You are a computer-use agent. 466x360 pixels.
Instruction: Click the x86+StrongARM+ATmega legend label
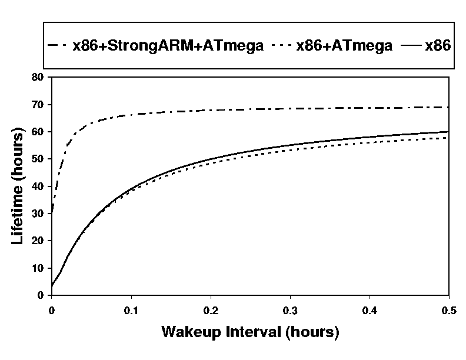coord(168,46)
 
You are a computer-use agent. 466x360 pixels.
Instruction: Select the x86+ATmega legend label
coord(344,46)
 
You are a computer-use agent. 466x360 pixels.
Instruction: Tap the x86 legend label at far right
coord(438,46)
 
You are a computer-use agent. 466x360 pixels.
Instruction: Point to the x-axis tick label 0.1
coord(131,309)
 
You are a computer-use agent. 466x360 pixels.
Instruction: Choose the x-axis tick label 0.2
coord(211,309)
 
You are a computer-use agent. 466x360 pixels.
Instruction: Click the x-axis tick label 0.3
coord(290,309)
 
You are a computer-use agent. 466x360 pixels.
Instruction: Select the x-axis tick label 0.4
coord(370,309)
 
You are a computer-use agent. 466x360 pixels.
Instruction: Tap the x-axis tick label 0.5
coord(448,309)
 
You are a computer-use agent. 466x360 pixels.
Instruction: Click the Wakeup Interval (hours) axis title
coord(250,332)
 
